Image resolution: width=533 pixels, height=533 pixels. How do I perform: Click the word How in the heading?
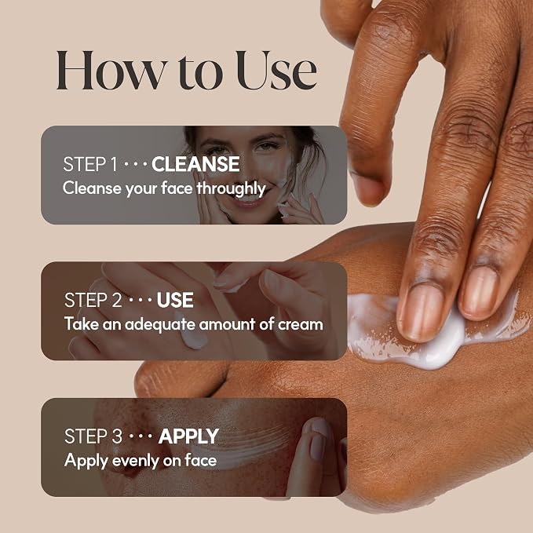click(x=111, y=71)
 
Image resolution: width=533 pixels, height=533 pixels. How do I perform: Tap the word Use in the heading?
click(x=276, y=71)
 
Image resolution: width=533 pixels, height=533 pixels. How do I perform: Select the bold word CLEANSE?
click(x=195, y=164)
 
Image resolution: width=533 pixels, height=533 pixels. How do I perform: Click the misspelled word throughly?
click(x=231, y=189)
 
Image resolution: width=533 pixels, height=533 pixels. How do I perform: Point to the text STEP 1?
click(x=90, y=164)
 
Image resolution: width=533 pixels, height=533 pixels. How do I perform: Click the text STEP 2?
click(x=93, y=300)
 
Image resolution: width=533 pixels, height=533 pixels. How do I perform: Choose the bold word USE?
click(x=175, y=300)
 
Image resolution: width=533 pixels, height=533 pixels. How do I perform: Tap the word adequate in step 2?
click(x=160, y=324)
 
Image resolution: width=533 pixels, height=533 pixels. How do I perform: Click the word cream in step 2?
click(x=301, y=325)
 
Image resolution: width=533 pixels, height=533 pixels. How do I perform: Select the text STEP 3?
click(x=93, y=436)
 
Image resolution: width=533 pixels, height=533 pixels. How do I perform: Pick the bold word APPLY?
click(x=188, y=436)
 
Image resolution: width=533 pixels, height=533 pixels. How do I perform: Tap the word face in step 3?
click(x=200, y=461)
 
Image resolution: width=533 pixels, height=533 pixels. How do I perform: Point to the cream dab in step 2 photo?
click(x=193, y=338)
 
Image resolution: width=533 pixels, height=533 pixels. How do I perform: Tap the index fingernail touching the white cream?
click(x=421, y=312)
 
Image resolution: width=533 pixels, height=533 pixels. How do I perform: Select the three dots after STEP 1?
click(x=135, y=165)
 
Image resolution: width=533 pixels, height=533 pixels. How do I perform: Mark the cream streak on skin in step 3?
click(x=245, y=445)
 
